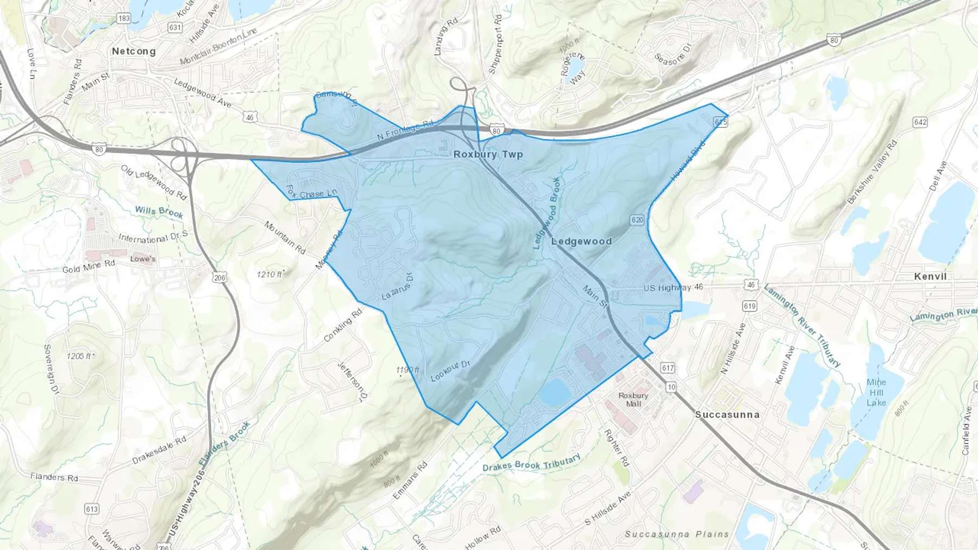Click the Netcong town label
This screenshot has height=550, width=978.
tap(134, 51)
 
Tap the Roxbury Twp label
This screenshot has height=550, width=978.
tap(488, 154)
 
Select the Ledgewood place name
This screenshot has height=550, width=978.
tap(581, 241)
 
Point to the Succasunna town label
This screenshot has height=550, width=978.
tap(727, 414)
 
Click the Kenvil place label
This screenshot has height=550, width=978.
tap(930, 276)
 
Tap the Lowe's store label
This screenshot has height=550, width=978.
tap(143, 259)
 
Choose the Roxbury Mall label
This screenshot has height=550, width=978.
tap(634, 400)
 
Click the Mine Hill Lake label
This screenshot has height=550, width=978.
tap(876, 393)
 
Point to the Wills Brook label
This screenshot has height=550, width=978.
tap(159, 212)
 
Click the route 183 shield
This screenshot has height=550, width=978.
tap(124, 18)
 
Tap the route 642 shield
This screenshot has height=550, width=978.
tap(920, 122)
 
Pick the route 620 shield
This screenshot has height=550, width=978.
tap(637, 220)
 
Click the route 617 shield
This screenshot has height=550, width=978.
tap(668, 368)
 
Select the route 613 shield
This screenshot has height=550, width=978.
tap(92, 509)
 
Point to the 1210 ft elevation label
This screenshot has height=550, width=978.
tap(270, 274)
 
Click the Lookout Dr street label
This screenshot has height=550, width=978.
tap(450, 371)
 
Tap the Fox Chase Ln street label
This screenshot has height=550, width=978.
tap(311, 193)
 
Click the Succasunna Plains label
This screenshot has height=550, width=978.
tap(676, 534)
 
